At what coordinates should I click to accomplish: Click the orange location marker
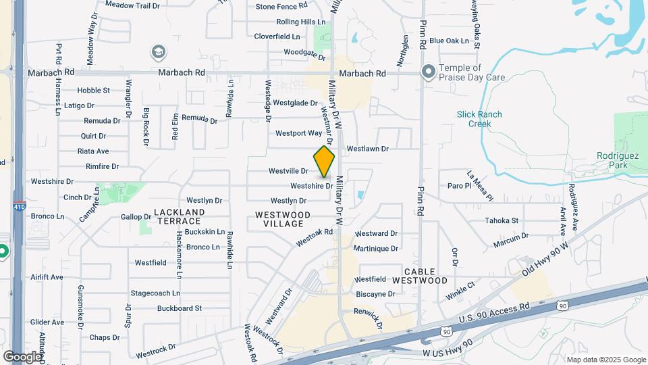point(325,162)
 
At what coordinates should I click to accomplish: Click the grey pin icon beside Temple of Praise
point(428,72)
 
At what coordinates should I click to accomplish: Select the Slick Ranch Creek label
point(479,119)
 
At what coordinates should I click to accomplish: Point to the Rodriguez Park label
point(613,160)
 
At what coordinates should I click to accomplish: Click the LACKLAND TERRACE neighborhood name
point(179,216)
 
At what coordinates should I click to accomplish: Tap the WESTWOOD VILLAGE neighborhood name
point(283,219)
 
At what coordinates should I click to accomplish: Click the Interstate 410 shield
point(18,208)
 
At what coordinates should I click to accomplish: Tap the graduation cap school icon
point(159,51)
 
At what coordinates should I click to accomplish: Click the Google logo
point(22,356)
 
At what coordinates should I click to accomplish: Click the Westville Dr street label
point(288,171)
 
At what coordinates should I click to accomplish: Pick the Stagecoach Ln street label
point(155,293)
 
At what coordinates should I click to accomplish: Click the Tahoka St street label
point(502,220)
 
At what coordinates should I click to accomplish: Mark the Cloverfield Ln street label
point(277,36)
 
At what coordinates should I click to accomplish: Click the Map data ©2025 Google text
point(605,360)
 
